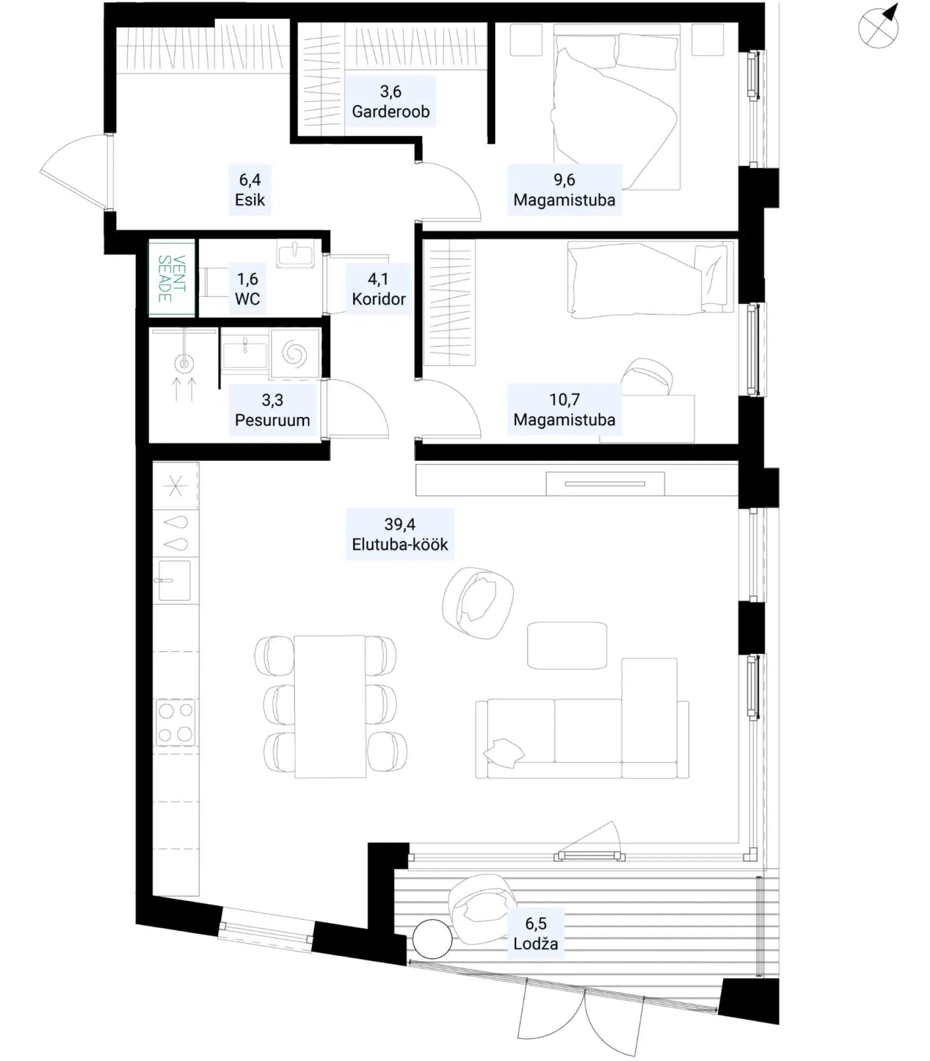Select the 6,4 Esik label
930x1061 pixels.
[x=250, y=189]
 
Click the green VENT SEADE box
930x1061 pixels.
[x=172, y=279]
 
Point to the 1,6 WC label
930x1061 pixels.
[x=248, y=289]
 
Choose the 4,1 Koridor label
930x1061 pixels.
[x=378, y=289]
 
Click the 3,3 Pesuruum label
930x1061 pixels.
[x=272, y=410]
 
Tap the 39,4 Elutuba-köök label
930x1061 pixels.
[x=400, y=534]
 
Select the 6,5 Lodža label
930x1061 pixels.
[x=536, y=934]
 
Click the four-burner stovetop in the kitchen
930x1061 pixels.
[x=176, y=722]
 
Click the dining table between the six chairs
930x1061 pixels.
[x=330, y=706]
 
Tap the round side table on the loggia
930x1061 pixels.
[x=432, y=939]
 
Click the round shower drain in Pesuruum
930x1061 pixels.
[x=184, y=363]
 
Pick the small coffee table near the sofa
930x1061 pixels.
[x=567, y=645]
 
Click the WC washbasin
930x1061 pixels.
[x=295, y=254]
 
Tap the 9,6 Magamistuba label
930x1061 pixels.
[x=564, y=189]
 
